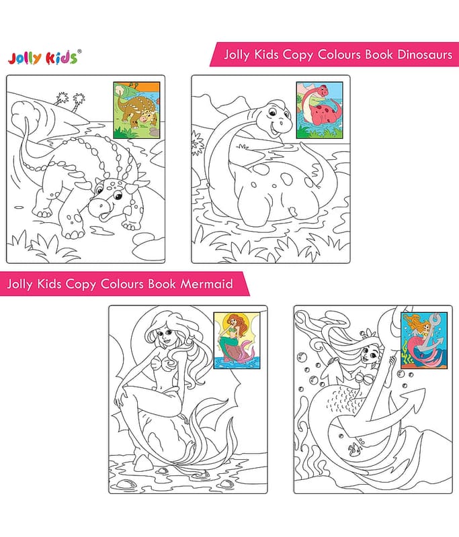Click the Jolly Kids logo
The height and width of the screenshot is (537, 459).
click(x=43, y=58)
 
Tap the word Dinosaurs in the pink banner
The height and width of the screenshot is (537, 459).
click(x=425, y=54)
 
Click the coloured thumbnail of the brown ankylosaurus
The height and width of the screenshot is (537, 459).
click(x=137, y=110)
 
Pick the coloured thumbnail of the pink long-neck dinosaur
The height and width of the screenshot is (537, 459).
click(x=319, y=110)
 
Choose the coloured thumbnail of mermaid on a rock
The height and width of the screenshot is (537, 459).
click(x=237, y=340)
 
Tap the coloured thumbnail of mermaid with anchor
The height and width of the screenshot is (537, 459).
click(x=424, y=340)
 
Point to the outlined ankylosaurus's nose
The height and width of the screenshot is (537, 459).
click(x=101, y=205)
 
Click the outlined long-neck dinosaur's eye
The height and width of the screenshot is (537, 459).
click(x=272, y=113)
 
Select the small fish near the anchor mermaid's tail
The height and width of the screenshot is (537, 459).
click(x=354, y=448)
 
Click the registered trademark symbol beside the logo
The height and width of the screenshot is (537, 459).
click(x=79, y=52)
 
